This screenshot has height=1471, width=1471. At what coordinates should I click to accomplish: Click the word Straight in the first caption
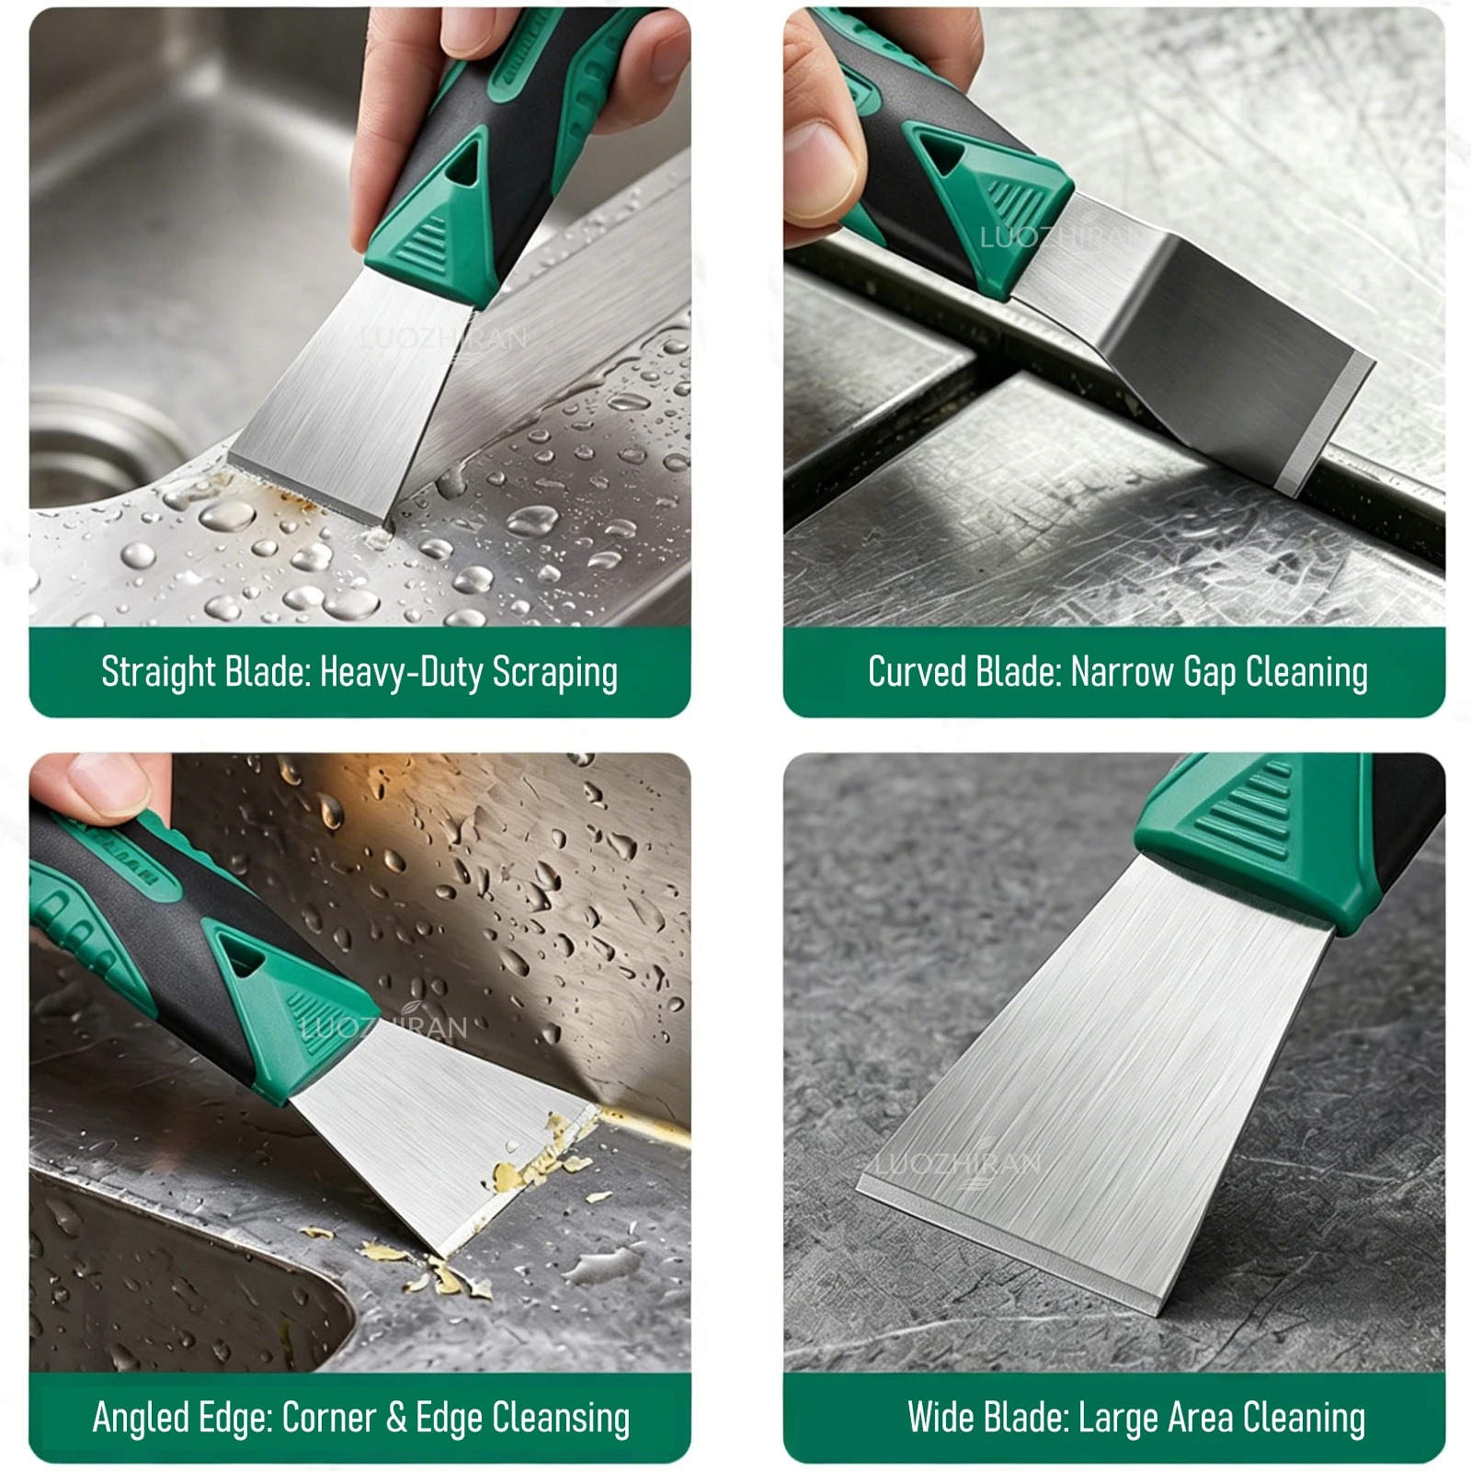159,672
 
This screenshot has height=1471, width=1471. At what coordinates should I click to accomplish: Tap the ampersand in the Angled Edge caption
396,1418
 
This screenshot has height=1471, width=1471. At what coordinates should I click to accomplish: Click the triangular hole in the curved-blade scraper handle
943,153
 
